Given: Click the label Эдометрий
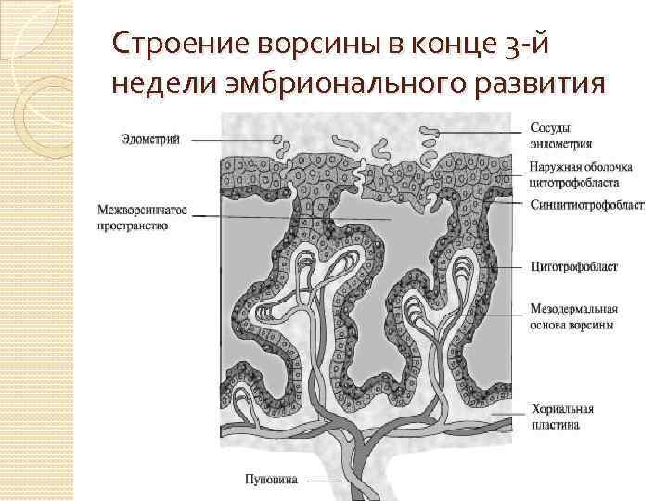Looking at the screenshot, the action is [157, 140].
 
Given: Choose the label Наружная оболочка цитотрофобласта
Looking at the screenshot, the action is [581, 175].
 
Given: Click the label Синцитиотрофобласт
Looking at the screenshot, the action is [587, 205].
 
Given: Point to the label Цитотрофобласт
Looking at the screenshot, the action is [572, 266].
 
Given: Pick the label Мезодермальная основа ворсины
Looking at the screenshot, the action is [573, 317].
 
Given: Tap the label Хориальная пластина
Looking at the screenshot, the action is [562, 417].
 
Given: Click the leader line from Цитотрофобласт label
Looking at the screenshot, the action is [501, 266].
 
